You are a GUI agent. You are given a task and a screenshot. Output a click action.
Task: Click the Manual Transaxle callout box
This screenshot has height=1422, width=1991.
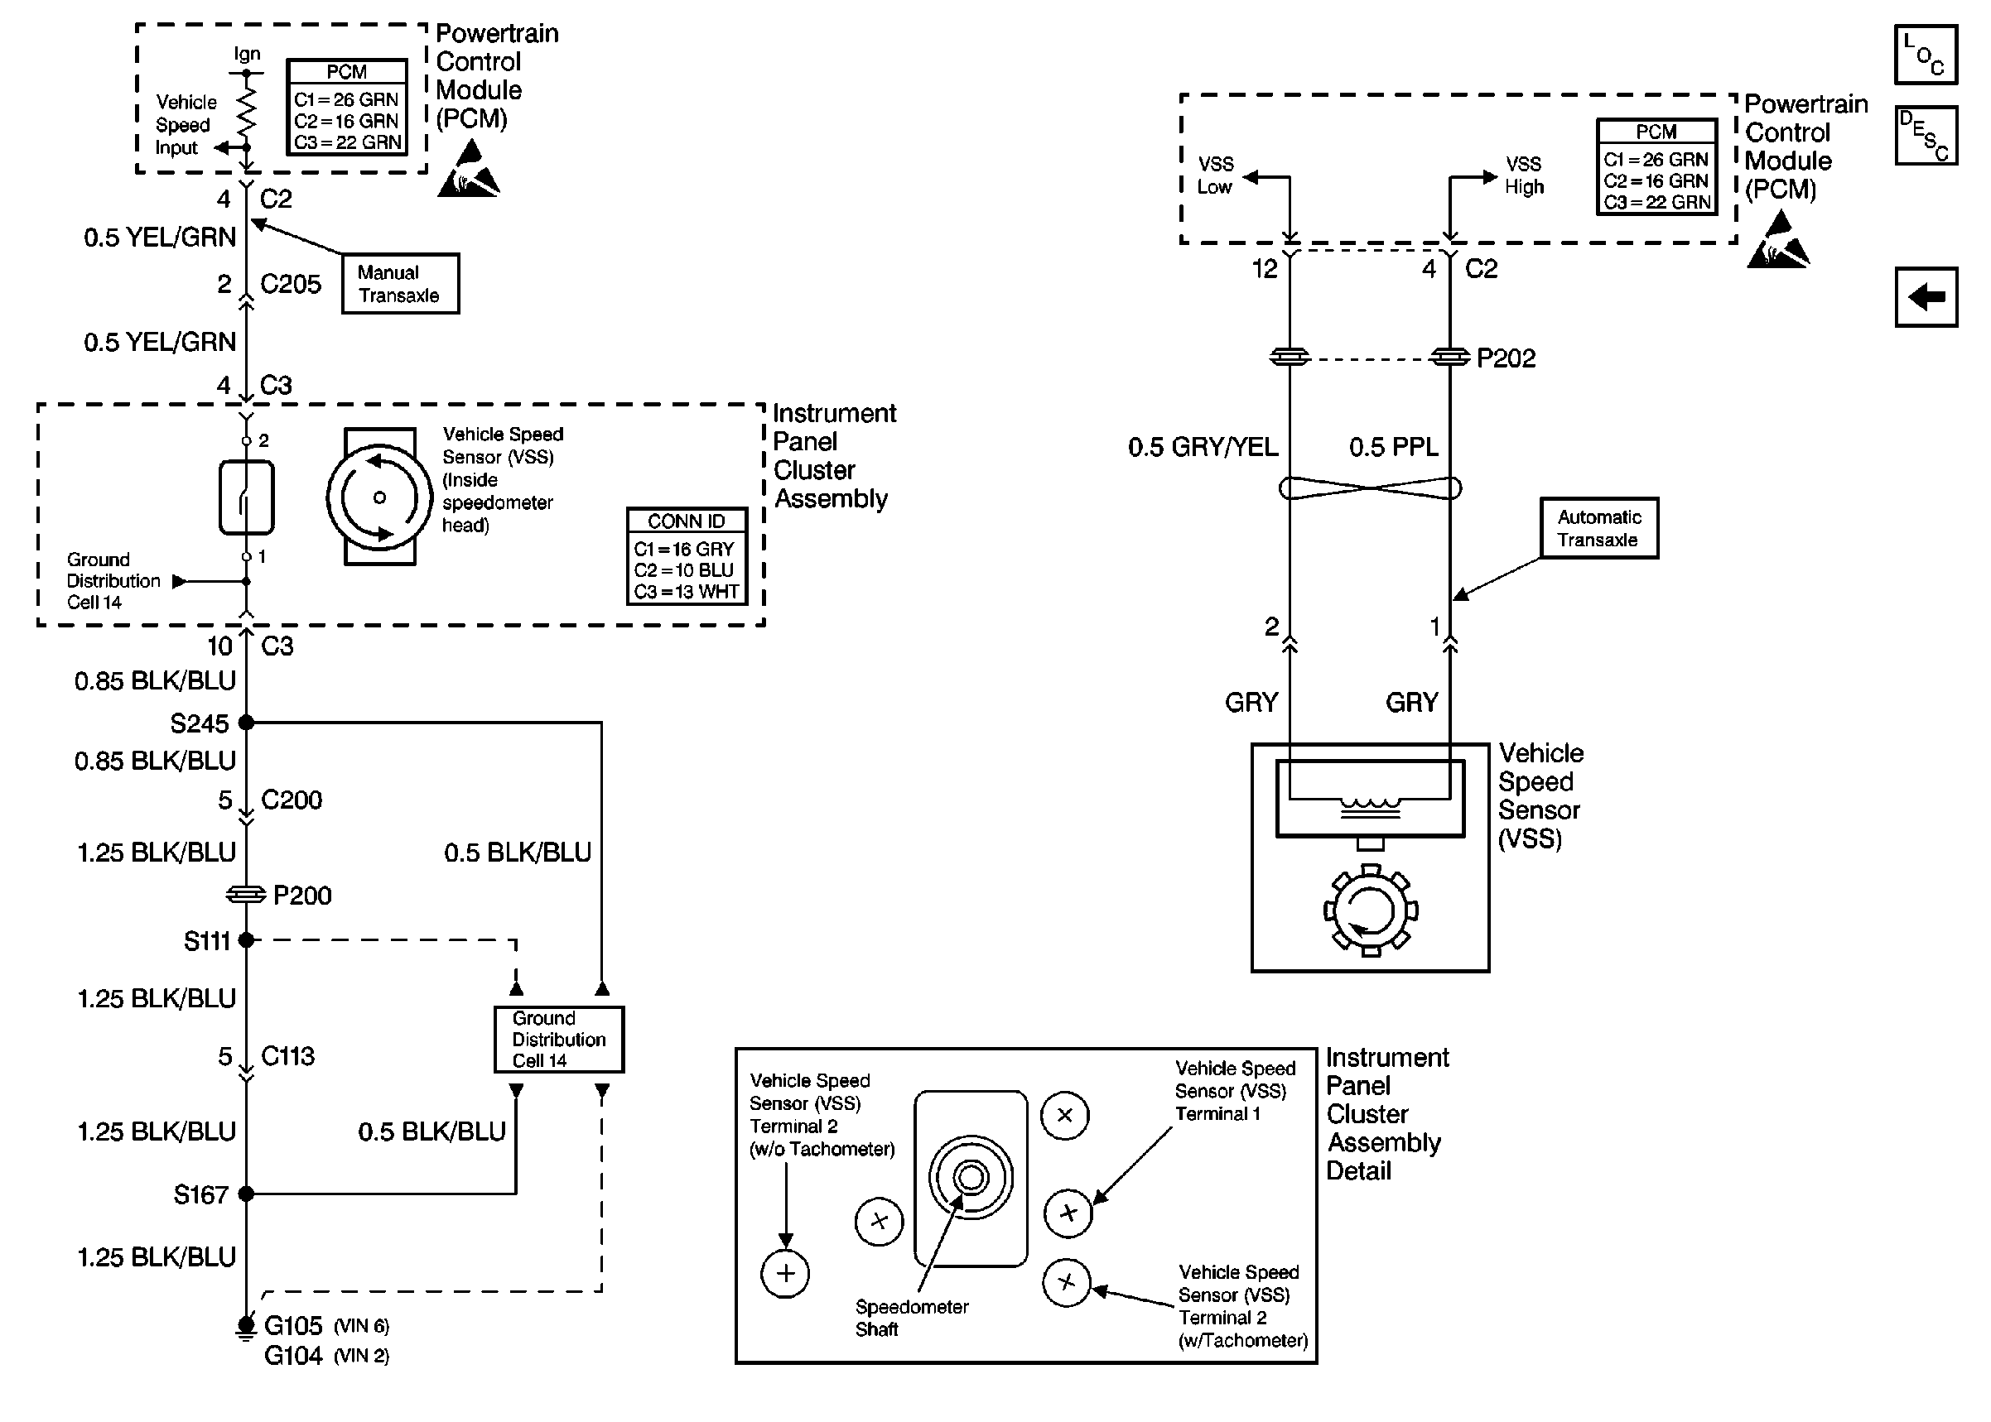point(399,284)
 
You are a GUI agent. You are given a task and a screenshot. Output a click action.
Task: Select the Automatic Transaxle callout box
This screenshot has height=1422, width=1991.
point(1598,528)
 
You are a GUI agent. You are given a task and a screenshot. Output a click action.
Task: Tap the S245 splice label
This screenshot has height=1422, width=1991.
point(199,724)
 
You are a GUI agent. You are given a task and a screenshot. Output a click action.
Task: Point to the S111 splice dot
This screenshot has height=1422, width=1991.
point(246,940)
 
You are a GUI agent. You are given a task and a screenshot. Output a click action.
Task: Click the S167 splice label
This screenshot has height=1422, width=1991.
point(200,1195)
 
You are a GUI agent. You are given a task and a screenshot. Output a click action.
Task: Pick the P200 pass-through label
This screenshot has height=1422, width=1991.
point(302,896)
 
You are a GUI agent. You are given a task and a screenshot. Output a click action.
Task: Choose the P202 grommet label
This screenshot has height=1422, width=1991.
point(1506,358)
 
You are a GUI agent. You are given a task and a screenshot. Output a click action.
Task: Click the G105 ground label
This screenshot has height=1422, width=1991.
point(293,1326)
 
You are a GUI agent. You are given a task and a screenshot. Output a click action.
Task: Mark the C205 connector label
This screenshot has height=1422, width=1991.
point(291,285)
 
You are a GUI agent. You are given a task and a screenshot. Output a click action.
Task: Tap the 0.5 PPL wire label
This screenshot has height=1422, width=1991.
point(1393,448)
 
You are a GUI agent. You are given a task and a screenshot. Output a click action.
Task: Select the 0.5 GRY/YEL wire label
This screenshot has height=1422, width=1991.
point(1203,448)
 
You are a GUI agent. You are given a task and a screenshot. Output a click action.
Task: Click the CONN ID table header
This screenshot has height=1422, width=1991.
point(686,521)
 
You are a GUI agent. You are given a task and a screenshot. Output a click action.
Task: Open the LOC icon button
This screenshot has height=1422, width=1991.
point(1926,55)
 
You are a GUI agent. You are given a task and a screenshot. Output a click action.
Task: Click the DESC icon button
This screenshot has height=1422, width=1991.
point(1926,136)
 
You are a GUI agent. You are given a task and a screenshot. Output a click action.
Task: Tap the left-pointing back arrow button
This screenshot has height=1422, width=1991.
point(1926,298)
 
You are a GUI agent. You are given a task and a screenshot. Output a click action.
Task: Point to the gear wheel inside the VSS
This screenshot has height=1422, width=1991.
point(1370,910)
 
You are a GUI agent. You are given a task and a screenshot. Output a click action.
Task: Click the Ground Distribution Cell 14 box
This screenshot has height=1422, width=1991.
point(559,1040)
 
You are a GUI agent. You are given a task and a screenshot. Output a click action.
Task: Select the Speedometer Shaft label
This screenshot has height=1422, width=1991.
point(911,1318)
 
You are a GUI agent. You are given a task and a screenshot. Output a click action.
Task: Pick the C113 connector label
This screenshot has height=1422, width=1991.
point(287,1057)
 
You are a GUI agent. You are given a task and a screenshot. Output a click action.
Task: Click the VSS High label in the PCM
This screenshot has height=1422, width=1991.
point(1524,175)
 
